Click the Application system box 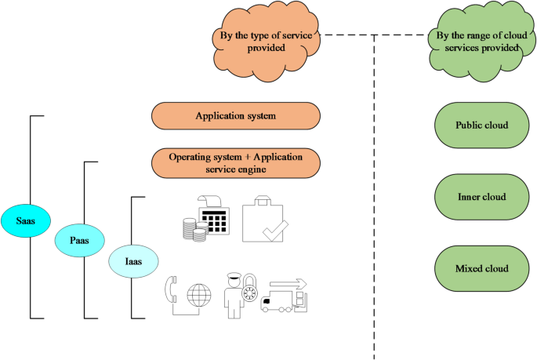(x=235, y=116)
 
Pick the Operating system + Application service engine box (x=235, y=162)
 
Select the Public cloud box (x=481, y=125)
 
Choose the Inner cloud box (x=481, y=197)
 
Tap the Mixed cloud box (x=481, y=268)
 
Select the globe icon (x=199, y=296)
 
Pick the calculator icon (x=215, y=217)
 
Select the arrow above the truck (x=289, y=284)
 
